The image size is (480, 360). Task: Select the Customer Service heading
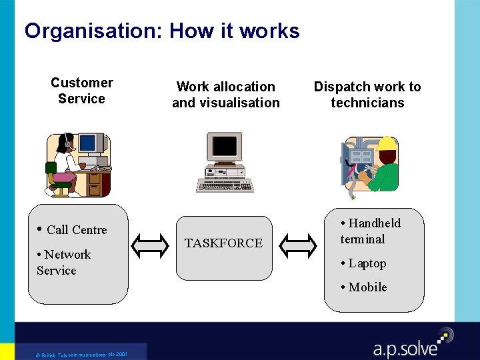click(x=81, y=91)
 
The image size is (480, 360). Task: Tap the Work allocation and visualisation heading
click(x=225, y=95)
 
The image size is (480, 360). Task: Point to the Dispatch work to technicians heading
click(x=367, y=95)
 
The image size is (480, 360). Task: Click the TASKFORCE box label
click(x=223, y=243)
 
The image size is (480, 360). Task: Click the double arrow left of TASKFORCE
click(x=150, y=245)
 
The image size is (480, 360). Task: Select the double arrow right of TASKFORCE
click(x=298, y=245)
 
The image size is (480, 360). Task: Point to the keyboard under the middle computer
click(x=225, y=184)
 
